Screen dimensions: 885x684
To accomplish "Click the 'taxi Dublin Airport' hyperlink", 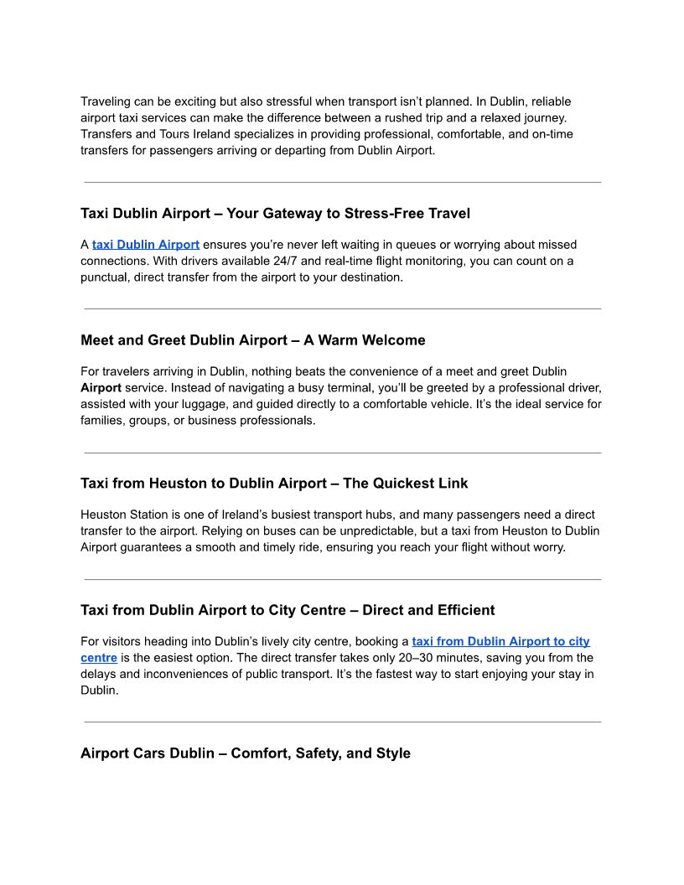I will [x=145, y=245].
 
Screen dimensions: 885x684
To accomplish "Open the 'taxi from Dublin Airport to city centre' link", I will [x=500, y=642].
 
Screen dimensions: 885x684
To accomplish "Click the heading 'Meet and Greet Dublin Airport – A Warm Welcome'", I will [x=252, y=340].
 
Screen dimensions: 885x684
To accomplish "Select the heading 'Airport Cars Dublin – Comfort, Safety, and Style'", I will [x=245, y=753].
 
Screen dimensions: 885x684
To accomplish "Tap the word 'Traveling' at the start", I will [x=106, y=101].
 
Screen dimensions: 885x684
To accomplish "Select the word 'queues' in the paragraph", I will [x=411, y=245].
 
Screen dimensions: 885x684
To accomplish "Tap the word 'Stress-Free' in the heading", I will [x=384, y=214].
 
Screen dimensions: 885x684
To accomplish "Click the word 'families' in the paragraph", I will [x=102, y=420].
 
